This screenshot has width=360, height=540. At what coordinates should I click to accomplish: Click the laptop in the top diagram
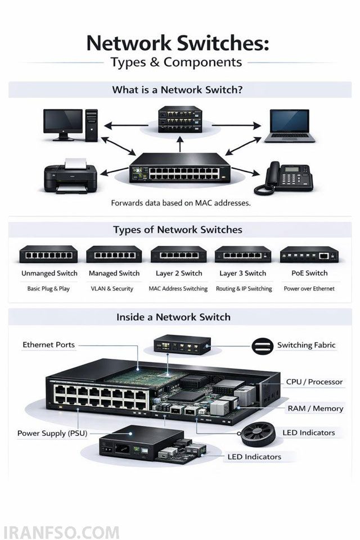pyautogui.click(x=290, y=126)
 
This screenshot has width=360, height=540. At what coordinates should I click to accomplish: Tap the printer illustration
pyautogui.click(x=71, y=176)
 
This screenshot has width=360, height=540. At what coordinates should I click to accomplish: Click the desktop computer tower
pyautogui.click(x=92, y=125)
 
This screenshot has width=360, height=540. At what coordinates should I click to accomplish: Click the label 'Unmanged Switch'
pyautogui.click(x=49, y=273)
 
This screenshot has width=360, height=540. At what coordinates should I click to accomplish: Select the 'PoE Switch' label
pyautogui.click(x=309, y=273)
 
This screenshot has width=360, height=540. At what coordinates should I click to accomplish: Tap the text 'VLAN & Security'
pyautogui.click(x=112, y=289)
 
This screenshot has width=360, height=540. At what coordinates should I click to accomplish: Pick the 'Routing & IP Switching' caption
pyautogui.click(x=244, y=289)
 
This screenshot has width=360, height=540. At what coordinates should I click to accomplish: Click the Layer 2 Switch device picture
pyautogui.click(x=178, y=254)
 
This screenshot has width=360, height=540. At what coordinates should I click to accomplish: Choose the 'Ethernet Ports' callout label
pyautogui.click(x=48, y=345)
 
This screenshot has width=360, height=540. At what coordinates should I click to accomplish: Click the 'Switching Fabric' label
pyautogui.click(x=306, y=345)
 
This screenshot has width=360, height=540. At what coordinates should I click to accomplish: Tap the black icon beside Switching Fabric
pyautogui.click(x=263, y=346)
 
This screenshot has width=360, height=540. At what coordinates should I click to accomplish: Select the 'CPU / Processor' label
pyautogui.click(x=314, y=382)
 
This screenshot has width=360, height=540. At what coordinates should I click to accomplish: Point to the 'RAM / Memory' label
pyautogui.click(x=316, y=408)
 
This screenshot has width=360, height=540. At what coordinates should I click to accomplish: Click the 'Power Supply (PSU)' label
pyautogui.click(x=52, y=433)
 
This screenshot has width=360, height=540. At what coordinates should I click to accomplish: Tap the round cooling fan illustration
pyautogui.click(x=258, y=434)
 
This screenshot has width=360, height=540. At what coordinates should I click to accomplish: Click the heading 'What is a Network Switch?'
pyautogui.click(x=177, y=90)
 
